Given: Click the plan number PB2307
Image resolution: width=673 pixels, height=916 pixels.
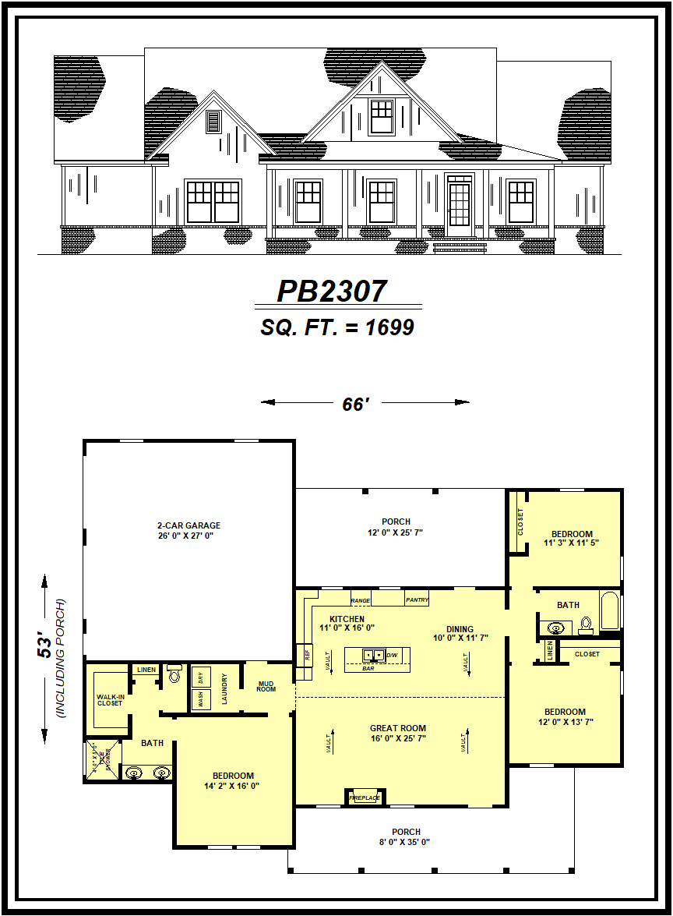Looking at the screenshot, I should tap(332, 292).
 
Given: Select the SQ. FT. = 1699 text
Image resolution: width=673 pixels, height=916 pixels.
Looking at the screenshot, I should tap(336, 328).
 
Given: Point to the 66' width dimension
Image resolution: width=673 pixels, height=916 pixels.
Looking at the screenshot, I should tap(354, 404).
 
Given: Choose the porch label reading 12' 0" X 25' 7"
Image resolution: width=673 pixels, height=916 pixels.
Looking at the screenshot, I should tap(396, 527).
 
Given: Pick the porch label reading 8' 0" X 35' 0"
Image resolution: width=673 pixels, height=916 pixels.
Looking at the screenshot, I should tap(406, 836).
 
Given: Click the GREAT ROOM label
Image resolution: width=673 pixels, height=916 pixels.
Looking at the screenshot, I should tap(398, 733).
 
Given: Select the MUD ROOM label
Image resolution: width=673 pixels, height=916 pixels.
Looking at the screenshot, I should tap(266, 686).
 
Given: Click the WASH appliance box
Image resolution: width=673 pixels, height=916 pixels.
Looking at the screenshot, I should tap(201, 698).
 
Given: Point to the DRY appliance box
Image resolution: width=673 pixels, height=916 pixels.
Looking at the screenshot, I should tap(201, 677).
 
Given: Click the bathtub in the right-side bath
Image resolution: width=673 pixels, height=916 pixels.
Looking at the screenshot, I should tap(608, 610).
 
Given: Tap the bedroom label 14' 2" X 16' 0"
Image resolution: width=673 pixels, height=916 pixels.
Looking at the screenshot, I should tap(233, 781).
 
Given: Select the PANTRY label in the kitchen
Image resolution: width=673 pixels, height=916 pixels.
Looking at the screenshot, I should tap(416, 600).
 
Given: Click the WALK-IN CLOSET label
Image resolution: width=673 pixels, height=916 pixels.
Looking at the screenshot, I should tap(110, 700).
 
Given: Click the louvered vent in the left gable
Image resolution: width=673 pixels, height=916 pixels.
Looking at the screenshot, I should tap(213, 122).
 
